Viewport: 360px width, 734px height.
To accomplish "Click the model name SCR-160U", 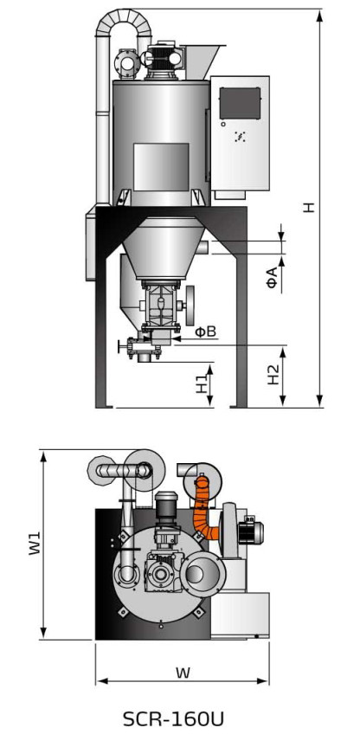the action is [173, 718].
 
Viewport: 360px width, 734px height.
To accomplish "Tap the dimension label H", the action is [308, 208].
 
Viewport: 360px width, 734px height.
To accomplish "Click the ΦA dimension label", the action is [273, 277].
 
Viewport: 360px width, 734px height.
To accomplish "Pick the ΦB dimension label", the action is [205, 332].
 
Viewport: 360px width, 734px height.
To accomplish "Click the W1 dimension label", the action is [35, 543].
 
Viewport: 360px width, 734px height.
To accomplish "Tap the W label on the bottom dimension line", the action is [183, 673].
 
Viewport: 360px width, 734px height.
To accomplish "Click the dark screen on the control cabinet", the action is [240, 103].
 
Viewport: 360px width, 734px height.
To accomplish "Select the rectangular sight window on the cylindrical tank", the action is [161, 167].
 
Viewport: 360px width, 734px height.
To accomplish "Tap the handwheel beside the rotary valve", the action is [190, 306].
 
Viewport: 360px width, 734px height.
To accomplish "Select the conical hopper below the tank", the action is [162, 248].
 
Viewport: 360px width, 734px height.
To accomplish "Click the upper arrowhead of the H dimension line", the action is [319, 16].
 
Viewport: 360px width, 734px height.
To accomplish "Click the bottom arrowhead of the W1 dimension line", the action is [43, 633].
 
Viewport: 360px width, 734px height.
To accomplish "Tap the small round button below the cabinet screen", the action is [223, 124].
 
